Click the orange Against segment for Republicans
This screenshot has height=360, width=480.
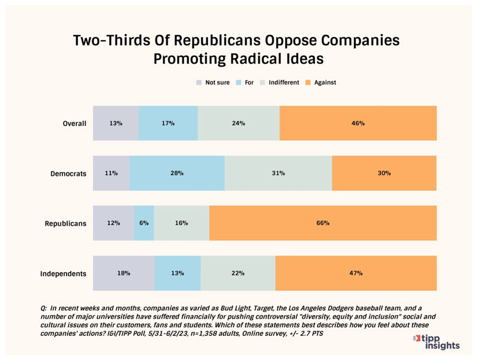click(x=323, y=223)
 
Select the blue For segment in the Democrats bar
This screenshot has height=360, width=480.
click(x=177, y=173)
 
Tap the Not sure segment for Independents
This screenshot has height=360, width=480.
click(x=124, y=273)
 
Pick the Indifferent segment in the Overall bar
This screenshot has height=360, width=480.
click(x=238, y=124)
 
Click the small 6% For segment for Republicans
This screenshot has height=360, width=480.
click(x=144, y=223)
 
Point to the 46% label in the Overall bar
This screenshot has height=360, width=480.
click(x=358, y=124)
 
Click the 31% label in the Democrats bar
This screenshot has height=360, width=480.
click(x=278, y=173)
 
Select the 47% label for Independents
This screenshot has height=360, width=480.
click(x=356, y=273)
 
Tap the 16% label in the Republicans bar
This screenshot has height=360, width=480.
click(x=181, y=223)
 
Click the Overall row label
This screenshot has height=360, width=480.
click(x=75, y=124)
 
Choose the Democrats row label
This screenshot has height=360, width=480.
click(x=68, y=174)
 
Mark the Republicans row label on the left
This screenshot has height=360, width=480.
click(x=65, y=224)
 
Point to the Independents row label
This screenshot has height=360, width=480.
click(x=63, y=274)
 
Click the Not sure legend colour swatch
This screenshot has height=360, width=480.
click(x=199, y=82)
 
